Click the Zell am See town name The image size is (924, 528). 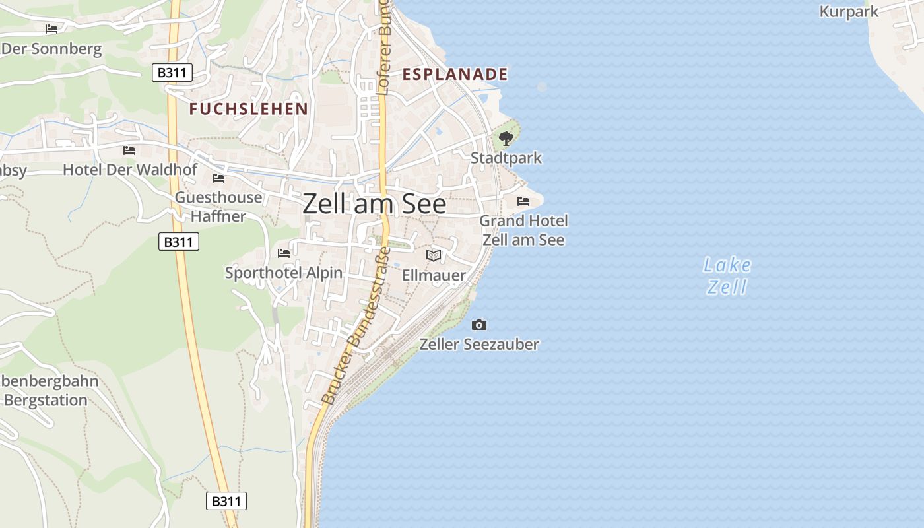point(374,204)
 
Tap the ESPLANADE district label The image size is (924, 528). point(455,74)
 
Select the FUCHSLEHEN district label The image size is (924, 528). point(249,109)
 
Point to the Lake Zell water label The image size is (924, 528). point(727,276)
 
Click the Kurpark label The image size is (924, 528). point(849,11)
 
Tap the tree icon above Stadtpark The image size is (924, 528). point(506,139)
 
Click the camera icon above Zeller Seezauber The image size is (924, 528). point(479,325)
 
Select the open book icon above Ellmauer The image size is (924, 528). point(434,255)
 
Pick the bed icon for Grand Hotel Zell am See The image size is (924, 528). point(523,201)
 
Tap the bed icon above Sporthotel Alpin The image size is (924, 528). point(284,253)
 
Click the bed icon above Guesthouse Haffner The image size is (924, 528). point(218,178)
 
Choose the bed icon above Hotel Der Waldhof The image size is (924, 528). point(129,150)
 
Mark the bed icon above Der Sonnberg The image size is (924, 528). point(51,28)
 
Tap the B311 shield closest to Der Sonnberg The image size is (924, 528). point(172,73)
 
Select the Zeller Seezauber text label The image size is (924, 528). point(479,344)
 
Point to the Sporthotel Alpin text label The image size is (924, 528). point(284,273)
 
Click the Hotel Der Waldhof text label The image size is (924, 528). point(130,170)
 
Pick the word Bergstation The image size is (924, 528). point(46,400)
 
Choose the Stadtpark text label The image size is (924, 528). point(506,158)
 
